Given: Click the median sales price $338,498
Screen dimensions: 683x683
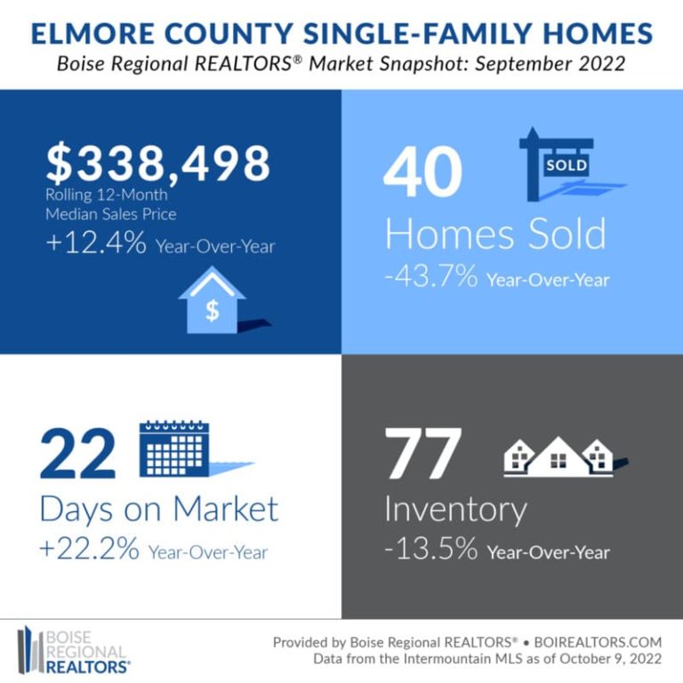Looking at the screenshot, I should tap(158, 164).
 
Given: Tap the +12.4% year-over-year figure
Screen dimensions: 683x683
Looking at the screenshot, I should tap(96, 244).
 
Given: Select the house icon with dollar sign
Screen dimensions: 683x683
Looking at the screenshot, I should tap(213, 301).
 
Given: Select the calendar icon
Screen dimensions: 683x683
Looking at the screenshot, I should tap(173, 450).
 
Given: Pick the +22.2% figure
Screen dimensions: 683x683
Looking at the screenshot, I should tap(90, 550).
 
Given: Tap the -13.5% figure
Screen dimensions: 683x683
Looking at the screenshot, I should tap(433, 550).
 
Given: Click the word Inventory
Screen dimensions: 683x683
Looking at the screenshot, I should tap(455, 510).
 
